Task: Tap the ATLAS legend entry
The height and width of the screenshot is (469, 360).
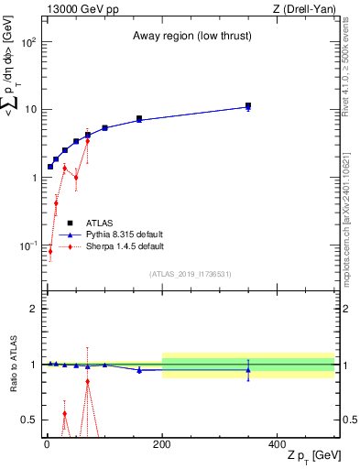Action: [x=100, y=223]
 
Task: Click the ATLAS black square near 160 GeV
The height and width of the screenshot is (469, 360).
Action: [x=139, y=118]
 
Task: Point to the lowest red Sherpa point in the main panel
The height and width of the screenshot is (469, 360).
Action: [x=50, y=251]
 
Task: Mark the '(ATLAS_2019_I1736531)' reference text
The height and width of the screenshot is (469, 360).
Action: [x=191, y=274]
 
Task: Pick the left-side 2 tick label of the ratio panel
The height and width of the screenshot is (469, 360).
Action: [x=34, y=309]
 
